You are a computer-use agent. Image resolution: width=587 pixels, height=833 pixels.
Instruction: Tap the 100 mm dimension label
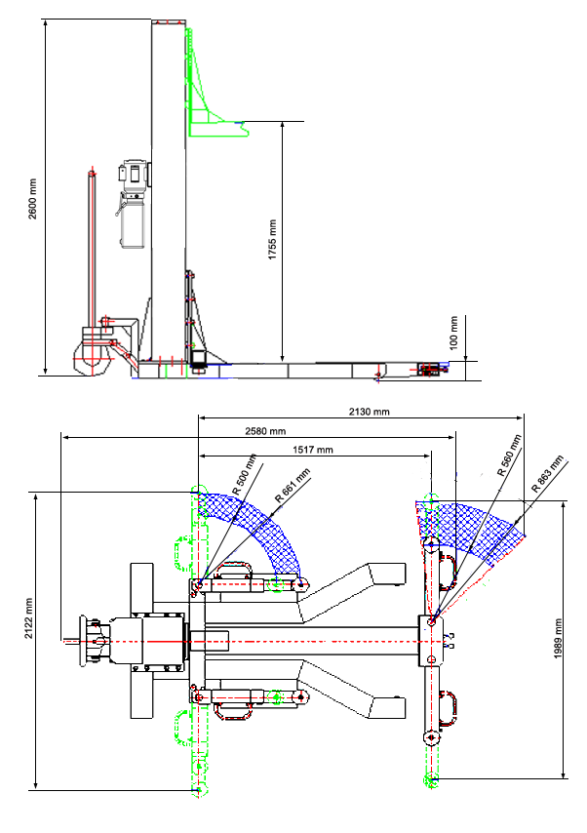(x=452, y=334)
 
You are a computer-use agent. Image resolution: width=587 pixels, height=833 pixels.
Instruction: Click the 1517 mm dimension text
(x=313, y=450)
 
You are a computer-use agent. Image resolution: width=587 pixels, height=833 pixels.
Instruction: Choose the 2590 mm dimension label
(x=265, y=431)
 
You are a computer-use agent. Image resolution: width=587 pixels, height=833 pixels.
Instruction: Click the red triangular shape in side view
(x=96, y=148)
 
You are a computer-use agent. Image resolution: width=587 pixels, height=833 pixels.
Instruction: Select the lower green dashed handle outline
(x=182, y=727)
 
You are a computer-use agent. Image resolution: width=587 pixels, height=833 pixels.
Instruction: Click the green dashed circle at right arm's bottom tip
(x=430, y=777)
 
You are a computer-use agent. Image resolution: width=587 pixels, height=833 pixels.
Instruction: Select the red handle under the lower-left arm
(x=232, y=711)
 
